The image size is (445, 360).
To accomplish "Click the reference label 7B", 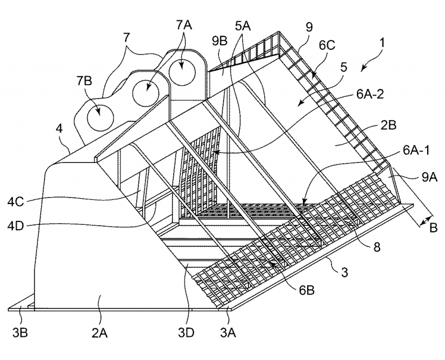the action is (84, 81).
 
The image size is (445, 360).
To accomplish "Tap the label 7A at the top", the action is (184, 26).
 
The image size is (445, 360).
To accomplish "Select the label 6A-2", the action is (370, 94).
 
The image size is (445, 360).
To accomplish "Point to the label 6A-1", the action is (416, 151).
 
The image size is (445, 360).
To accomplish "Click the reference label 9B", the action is (220, 42).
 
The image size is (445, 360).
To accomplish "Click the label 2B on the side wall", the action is (388, 125).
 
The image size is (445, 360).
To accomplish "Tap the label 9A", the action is (429, 177).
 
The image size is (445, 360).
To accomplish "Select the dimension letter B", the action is (433, 228).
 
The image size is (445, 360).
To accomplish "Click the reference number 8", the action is (377, 248).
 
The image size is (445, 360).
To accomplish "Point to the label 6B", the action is (306, 290).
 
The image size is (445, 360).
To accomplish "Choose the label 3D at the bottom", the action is (186, 333).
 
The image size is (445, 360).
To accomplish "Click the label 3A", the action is (228, 333).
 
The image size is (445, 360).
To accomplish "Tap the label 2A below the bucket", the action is (100, 333).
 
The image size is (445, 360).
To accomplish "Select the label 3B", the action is (20, 333).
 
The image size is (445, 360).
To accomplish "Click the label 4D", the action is (16, 226).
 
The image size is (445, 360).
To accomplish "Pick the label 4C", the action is (16, 202).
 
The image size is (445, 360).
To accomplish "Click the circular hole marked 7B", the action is (100, 118).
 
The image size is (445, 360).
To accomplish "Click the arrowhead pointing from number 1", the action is (364, 68).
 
